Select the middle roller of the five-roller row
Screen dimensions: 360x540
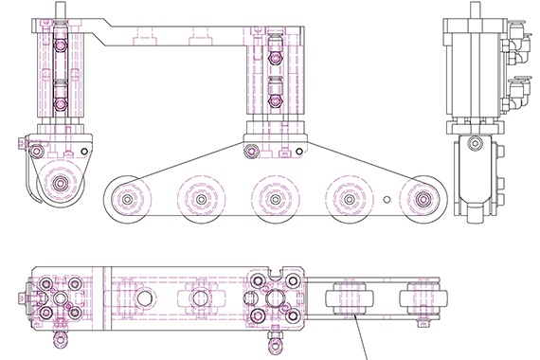click(274, 200)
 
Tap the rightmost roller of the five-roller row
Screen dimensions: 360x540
click(423, 200)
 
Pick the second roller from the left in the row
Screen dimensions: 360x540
click(198, 200)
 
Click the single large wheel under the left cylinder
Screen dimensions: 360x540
click(62, 183)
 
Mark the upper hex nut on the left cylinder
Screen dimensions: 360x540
click(60, 44)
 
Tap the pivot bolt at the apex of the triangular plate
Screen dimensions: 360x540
click(251, 151)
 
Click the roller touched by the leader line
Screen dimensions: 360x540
click(348, 300)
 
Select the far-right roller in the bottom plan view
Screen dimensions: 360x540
click(421, 299)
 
